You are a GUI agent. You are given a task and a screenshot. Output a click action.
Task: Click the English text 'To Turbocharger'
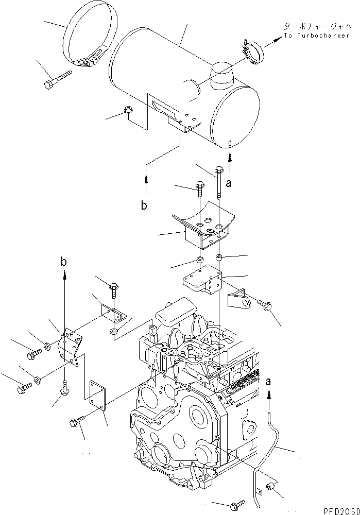click(x=317, y=36)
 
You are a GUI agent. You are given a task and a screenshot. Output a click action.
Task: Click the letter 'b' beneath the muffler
click(x=145, y=206)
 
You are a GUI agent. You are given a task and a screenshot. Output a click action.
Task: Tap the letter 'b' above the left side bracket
click(x=64, y=262)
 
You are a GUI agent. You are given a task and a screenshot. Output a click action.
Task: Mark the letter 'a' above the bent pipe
click(x=268, y=382)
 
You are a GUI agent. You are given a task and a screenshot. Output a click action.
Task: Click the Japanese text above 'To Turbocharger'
click(x=317, y=25)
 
